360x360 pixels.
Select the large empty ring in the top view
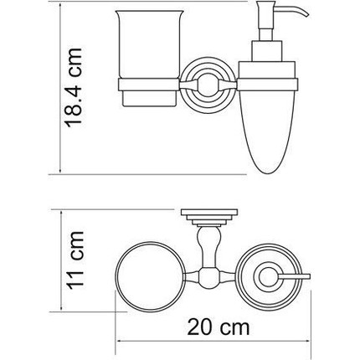[149, 272]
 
